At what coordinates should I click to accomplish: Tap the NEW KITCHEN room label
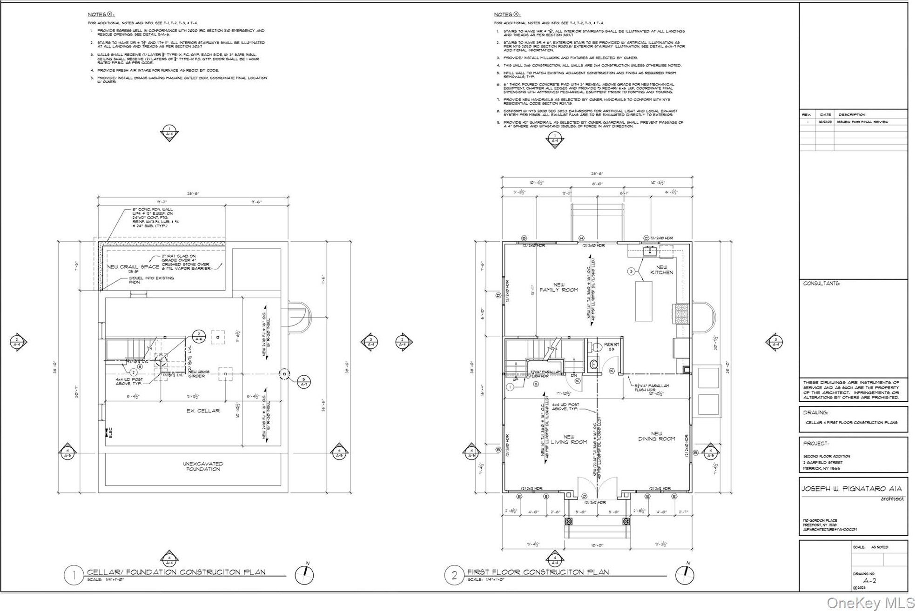(x=661, y=270)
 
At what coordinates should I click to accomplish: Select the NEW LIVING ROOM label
(x=569, y=439)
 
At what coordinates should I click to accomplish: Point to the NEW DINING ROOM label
(x=656, y=436)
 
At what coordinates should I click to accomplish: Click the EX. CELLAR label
(x=203, y=411)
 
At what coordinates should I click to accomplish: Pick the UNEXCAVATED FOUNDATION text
(x=203, y=466)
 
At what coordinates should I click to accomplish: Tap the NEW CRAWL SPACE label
(x=133, y=267)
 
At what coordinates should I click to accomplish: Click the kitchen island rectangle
(x=644, y=301)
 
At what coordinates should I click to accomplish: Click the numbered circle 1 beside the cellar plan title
(x=74, y=575)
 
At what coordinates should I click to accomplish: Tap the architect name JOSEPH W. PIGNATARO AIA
(x=851, y=489)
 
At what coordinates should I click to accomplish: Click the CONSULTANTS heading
(x=821, y=283)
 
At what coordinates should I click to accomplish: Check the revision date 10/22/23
(x=825, y=122)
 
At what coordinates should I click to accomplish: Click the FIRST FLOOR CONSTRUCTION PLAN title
(x=538, y=572)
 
